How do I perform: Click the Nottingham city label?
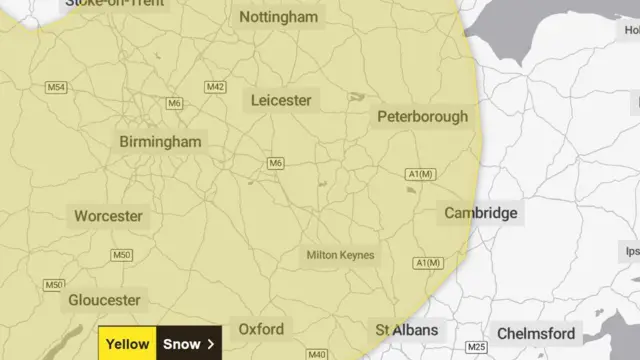pos(279,17)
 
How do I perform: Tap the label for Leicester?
pos(281,100)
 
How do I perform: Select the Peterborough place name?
pos(422,117)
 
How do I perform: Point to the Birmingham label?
pos(160,142)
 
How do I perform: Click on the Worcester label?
pos(108,216)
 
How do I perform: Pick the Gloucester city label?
pos(104,300)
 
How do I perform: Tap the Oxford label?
pos(261,329)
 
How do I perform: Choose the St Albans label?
pos(406,330)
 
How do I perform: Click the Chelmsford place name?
pos(536,333)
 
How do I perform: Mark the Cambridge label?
pos(481,213)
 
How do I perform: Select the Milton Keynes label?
pos(341,255)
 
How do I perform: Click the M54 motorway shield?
pos(56,88)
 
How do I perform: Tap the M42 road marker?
pos(215,88)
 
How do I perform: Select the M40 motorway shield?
pos(317,354)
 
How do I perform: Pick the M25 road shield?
pos(476,347)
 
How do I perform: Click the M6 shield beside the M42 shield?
pos(175,103)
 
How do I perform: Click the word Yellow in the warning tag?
pos(128,344)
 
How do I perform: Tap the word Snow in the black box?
pos(181,344)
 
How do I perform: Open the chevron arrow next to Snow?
pos(211,344)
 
